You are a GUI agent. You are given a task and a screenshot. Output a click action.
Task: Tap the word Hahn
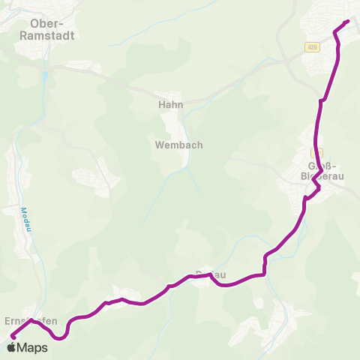click(x=171, y=106)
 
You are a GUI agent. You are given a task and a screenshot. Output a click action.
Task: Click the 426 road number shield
click(x=311, y=47)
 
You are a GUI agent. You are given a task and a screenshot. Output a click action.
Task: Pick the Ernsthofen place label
click(x=31, y=321)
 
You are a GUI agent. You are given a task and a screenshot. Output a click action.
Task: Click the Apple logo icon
click(x=11, y=347)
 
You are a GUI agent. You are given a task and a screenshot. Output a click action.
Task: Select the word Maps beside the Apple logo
click(x=33, y=348)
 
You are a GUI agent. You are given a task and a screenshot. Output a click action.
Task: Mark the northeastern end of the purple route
click(x=347, y=22)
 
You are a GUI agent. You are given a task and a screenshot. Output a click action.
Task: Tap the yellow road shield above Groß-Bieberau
click(x=316, y=151)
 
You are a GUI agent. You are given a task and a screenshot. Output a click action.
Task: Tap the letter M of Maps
click(x=23, y=348)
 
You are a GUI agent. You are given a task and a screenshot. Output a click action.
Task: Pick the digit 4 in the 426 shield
click(x=308, y=47)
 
